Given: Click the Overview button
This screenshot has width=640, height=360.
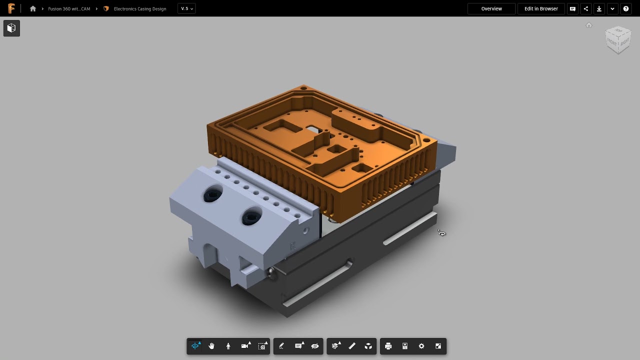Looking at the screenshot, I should coord(491,8).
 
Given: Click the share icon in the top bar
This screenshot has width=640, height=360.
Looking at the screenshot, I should coord(586,8).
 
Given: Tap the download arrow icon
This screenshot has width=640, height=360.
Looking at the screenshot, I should coord(599,8).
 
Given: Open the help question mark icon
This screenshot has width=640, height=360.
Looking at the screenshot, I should coord(626,8).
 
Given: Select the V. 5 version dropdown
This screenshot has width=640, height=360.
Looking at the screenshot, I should coord(186,8).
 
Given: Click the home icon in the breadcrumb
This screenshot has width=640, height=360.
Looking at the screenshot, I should coord(33,8).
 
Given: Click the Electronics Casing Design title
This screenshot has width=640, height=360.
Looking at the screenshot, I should coord(139,8).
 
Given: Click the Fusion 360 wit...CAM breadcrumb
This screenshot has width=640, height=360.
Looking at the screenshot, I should coord(69,8).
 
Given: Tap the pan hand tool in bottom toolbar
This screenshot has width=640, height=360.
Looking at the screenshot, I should coord(211,346).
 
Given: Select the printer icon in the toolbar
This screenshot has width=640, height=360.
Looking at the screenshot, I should coord(388,346).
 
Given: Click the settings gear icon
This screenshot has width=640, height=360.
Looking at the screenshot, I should coord(421,346).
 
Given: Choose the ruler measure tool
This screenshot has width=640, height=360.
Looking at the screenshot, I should coord(352,346).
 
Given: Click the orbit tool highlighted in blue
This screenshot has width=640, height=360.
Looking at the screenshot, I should coord(195,346).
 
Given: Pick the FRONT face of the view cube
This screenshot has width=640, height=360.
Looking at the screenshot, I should coord(612,42).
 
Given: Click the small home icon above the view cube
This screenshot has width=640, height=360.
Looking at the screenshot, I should coord(589,25).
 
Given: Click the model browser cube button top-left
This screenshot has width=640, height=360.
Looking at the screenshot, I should coord(11,28).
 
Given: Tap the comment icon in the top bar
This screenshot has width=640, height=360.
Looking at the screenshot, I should coord(573,8).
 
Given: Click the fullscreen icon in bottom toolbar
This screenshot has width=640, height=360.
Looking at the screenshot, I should coord(438,346).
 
